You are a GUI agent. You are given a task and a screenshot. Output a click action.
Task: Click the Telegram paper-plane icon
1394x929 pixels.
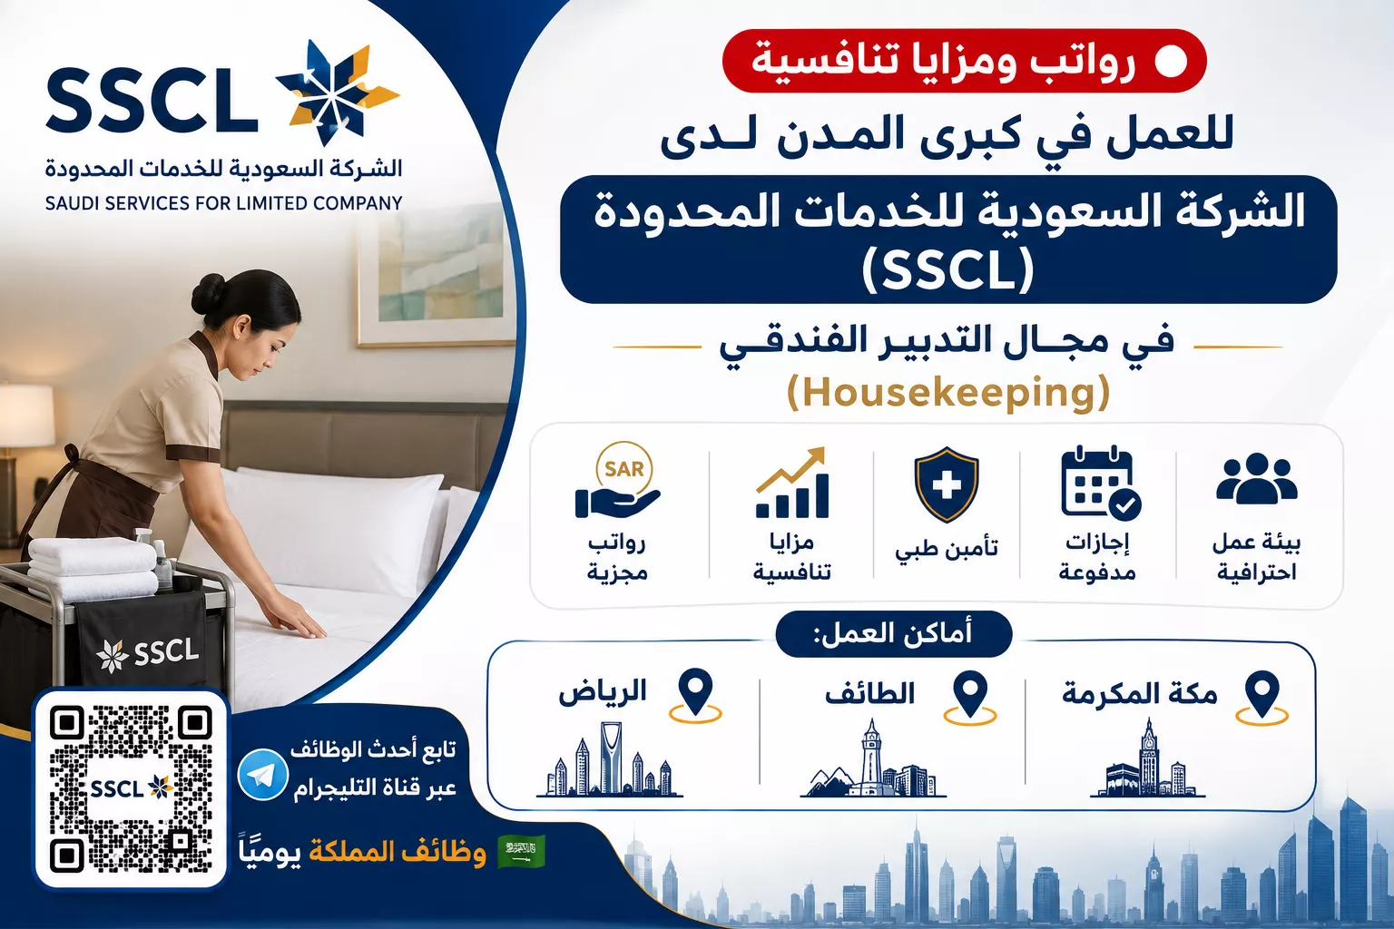click(262, 775)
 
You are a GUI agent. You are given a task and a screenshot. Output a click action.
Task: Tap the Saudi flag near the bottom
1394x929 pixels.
click(522, 851)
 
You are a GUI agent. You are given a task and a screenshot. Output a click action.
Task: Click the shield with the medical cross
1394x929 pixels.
click(946, 484)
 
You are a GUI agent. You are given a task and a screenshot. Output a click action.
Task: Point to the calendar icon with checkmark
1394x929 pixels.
click(1100, 483)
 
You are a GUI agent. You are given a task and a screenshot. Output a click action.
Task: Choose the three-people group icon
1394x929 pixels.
click(1256, 478)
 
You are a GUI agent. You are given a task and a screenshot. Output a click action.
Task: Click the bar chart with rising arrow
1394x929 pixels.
click(791, 483)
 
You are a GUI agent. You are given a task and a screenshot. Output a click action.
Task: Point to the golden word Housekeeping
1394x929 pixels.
click(948, 392)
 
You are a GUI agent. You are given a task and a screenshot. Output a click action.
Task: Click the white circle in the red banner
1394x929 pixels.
click(1171, 62)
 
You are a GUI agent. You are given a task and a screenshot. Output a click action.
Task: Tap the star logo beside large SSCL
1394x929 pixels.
click(337, 93)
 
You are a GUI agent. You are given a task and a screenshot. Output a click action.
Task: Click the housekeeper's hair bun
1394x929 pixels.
click(209, 293)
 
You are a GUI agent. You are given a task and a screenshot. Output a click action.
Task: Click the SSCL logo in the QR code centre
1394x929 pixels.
click(132, 788)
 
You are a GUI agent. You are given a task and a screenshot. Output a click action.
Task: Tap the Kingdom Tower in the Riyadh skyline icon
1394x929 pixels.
click(611, 756)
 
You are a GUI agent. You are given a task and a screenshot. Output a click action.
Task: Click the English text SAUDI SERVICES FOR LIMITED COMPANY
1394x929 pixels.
click(224, 203)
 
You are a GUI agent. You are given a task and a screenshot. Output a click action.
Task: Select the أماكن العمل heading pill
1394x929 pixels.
click(893, 634)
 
